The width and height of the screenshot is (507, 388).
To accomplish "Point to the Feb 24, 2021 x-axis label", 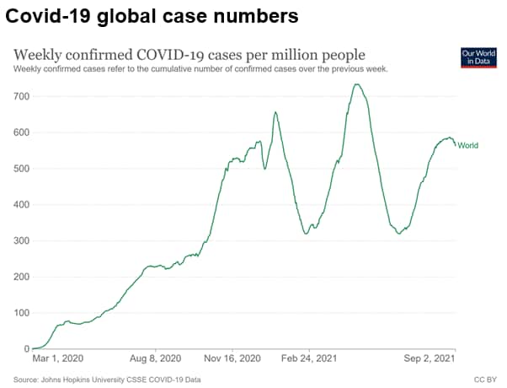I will coord(307,358).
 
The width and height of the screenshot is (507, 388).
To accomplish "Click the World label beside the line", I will coord(467,146).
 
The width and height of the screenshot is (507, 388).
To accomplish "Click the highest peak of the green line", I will coord(357,84).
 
